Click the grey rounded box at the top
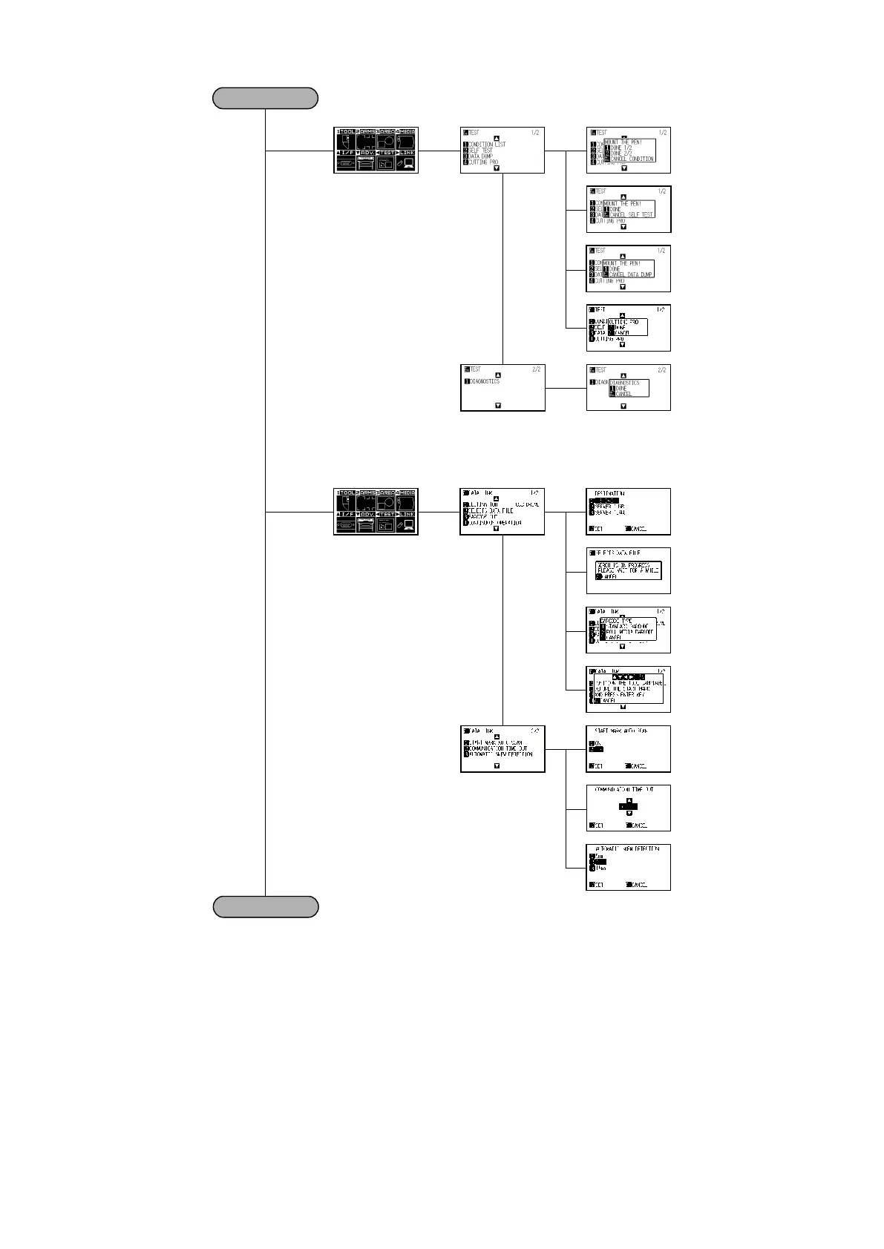tap(265, 98)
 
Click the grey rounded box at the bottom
tap(265, 906)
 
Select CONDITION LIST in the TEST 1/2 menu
tap(487, 144)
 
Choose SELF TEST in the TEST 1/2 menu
tap(480, 150)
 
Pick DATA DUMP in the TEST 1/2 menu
tap(480, 156)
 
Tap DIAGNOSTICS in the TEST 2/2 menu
tap(485, 381)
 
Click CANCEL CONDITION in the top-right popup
tap(632, 159)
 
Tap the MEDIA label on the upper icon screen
tap(407, 131)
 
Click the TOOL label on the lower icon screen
tap(347, 492)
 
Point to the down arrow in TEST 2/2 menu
tap(498, 406)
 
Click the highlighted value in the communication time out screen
tap(628, 806)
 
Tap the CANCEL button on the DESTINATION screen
tap(638, 529)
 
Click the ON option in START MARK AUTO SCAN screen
tap(596, 743)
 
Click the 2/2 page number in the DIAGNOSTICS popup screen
tap(662, 369)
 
